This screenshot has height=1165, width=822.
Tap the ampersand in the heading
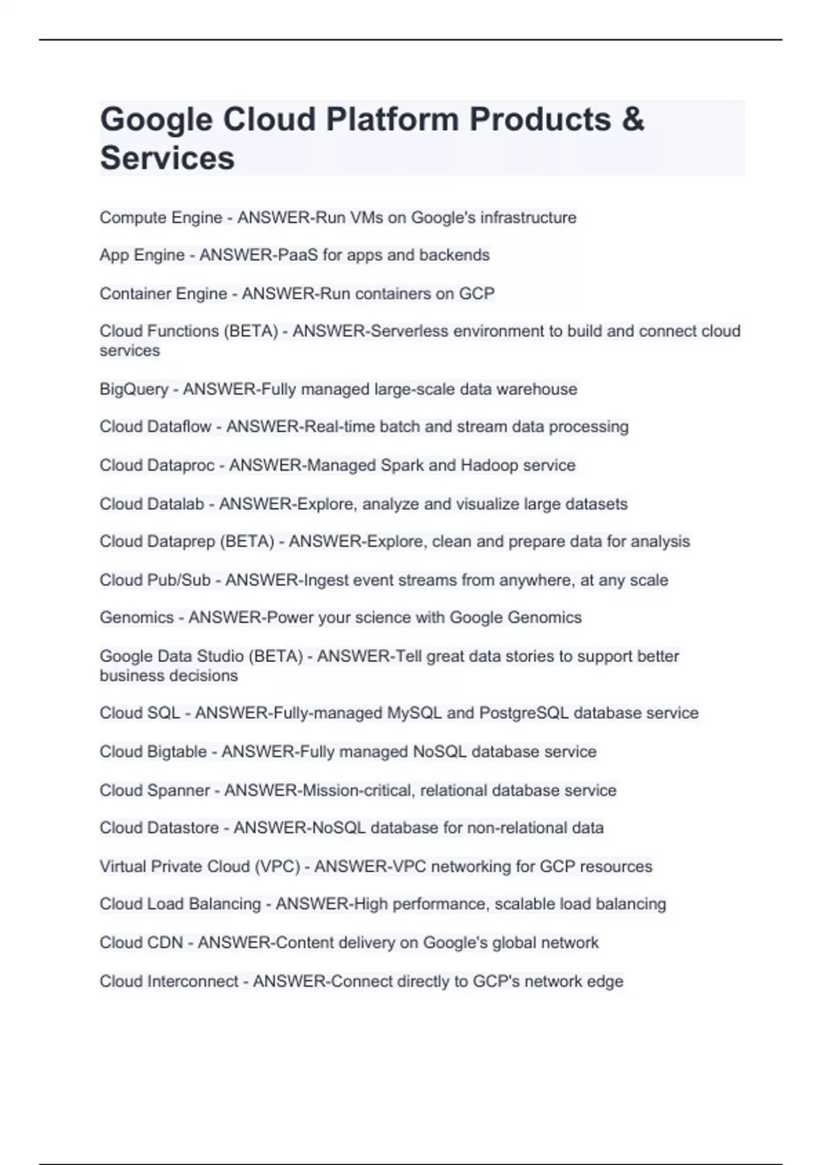coord(634,120)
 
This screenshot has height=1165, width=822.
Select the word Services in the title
coord(167,158)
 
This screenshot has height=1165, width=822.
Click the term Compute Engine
coord(161,218)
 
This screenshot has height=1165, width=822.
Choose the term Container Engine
coord(163,294)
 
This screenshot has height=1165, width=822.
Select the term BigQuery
coord(134,389)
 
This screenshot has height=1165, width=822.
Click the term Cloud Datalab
coord(151,504)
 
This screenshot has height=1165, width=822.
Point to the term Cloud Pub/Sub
coord(155,580)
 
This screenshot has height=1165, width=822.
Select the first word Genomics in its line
coord(136,617)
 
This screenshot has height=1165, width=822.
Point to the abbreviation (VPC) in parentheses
coord(277,867)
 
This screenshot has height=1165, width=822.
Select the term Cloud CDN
coord(141,943)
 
